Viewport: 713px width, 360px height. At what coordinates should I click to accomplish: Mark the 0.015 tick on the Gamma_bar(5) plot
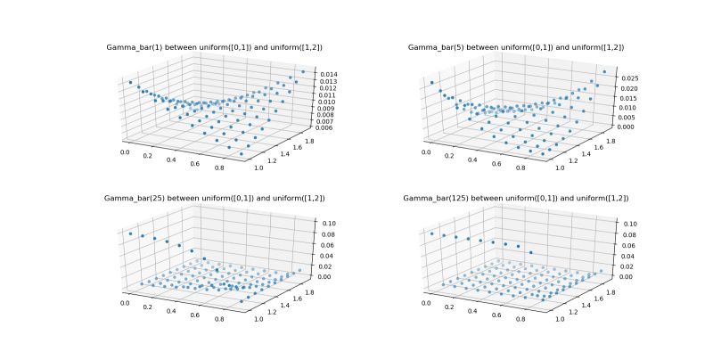click(627, 98)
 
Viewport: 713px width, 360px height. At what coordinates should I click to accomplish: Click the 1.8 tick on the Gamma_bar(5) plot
click(613, 141)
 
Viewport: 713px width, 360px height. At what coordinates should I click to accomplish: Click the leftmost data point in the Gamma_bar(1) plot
click(130, 82)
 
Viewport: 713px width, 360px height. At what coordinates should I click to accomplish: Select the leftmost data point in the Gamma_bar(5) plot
click(431, 83)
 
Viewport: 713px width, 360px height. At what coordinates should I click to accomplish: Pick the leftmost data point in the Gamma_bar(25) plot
click(130, 233)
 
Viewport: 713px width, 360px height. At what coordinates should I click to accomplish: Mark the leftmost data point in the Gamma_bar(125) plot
click(431, 233)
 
